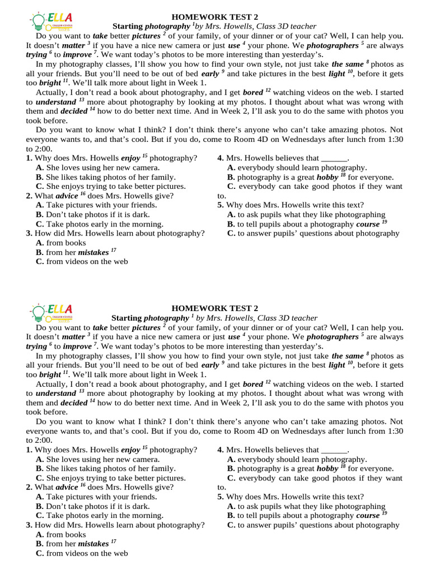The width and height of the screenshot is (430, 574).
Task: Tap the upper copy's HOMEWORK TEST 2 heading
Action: pyautogui.click(x=214, y=17)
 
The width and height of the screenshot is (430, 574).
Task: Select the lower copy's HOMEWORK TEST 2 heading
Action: pyautogui.click(x=214, y=308)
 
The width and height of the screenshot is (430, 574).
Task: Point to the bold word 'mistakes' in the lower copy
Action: pyautogui.click(x=93, y=544)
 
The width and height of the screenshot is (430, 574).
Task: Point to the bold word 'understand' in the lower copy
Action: pyautogui.click(x=55, y=394)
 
